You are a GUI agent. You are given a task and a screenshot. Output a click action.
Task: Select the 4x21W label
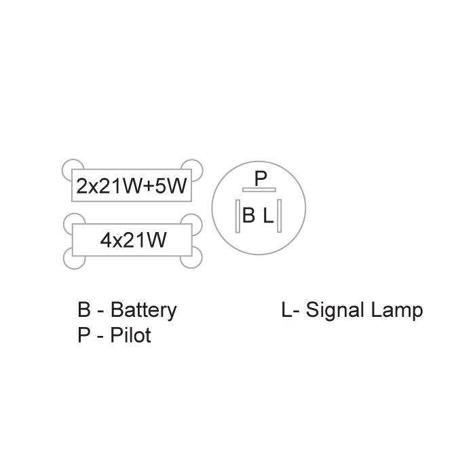pos(133,240)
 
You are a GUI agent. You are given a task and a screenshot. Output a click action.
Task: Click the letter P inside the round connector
pos(261,178)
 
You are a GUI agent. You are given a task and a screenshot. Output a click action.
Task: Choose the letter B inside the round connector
pos(249,216)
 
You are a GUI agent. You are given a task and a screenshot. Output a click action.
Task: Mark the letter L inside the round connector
pos(269,216)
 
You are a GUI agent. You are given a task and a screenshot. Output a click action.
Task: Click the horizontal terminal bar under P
pos(259,189)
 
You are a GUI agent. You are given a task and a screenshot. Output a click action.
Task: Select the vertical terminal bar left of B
pos(237,216)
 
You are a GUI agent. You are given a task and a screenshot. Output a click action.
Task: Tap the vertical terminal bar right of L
pos(280,216)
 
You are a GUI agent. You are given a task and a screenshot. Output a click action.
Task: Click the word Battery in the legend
pos(143,310)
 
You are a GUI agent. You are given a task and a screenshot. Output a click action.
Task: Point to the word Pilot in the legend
pos(130,335)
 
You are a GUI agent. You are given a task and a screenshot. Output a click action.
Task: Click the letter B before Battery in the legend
pos(84,310)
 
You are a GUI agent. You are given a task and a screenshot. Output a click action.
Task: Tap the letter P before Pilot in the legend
pos(84,335)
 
